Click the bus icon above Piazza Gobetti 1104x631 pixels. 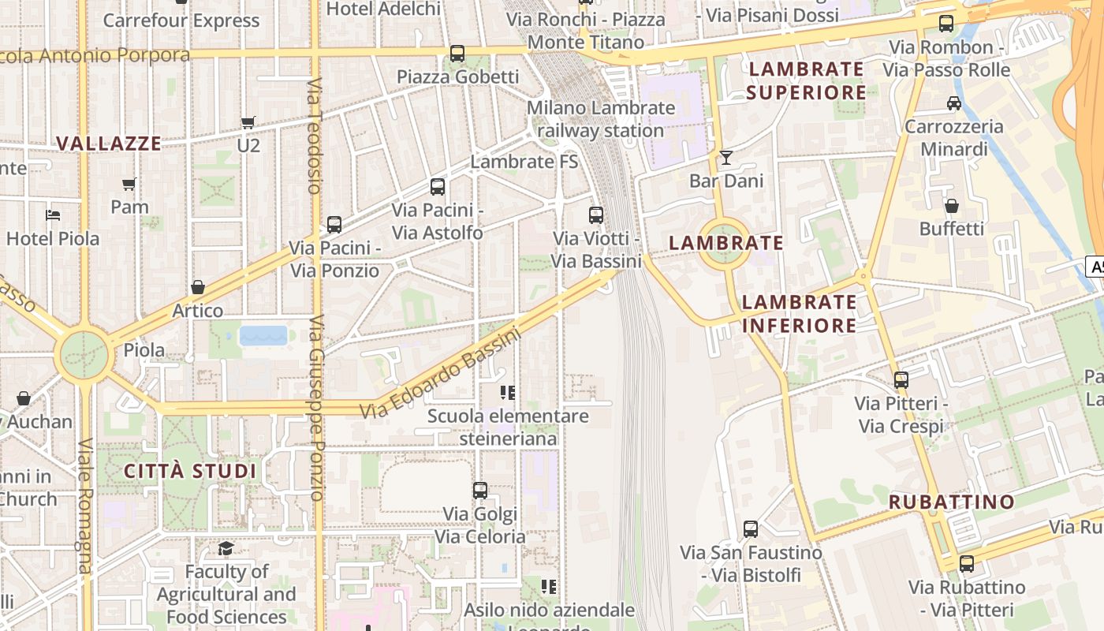coord(457,54)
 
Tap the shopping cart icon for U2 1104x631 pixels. coord(248,123)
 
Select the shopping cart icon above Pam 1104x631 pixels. coord(129,185)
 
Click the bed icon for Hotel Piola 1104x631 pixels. coord(53,215)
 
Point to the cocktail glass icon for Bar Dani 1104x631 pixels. coord(726,158)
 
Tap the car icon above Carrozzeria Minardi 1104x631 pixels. coord(953,103)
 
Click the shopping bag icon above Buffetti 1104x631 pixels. coord(952,206)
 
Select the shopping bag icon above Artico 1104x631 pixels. coord(198,287)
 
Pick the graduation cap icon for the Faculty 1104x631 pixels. coord(226,548)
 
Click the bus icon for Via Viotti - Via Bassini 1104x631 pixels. coord(596,215)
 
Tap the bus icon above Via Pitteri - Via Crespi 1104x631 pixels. coord(901,380)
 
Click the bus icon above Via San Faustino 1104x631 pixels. coord(751,529)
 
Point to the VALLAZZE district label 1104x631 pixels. coord(109,144)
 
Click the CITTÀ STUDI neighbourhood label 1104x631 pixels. coord(190,472)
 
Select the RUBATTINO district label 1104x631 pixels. coord(952,502)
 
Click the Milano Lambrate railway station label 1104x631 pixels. coord(601,119)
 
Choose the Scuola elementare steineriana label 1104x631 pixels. coord(508,427)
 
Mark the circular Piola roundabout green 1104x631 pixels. coord(84,356)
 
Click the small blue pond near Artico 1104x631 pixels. coord(263,336)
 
